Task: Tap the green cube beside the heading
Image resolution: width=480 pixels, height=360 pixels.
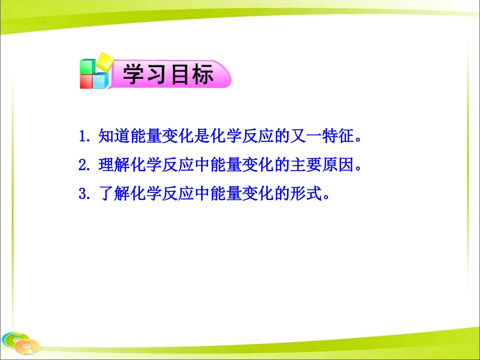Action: click(x=87, y=67)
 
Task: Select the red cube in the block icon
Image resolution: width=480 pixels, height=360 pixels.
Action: click(x=86, y=82)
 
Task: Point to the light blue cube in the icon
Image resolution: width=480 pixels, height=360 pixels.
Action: click(x=100, y=81)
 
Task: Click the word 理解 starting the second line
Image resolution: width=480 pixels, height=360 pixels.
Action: click(x=112, y=165)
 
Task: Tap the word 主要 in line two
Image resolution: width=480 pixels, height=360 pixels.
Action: click(x=306, y=165)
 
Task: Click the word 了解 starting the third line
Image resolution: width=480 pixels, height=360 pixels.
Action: click(x=112, y=194)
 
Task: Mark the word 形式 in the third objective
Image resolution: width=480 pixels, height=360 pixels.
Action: click(x=306, y=194)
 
